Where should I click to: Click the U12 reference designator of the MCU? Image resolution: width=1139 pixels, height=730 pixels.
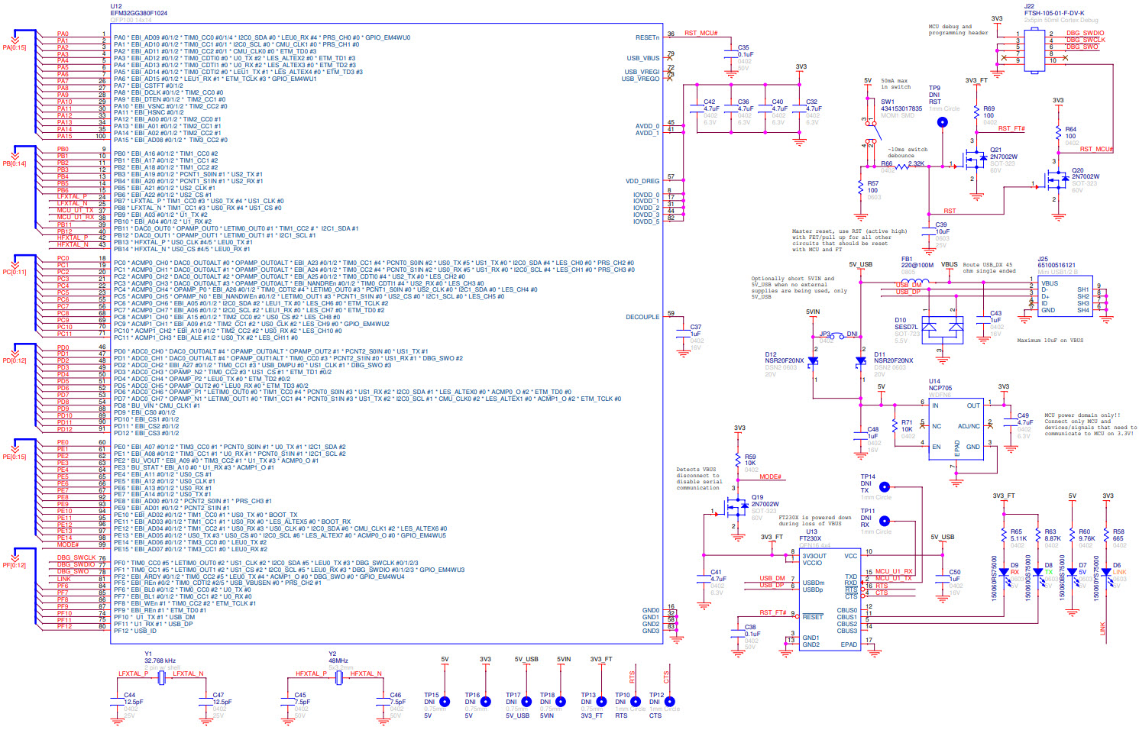[x=116, y=6]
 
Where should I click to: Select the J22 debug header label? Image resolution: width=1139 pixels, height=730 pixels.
[x=1029, y=6]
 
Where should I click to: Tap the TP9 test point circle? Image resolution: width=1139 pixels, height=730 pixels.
[x=942, y=122]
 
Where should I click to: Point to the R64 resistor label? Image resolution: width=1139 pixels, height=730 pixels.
[x=1070, y=130]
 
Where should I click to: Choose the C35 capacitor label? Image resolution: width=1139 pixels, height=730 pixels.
[x=743, y=48]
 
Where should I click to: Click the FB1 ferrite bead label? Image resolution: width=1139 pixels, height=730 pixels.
[x=907, y=259]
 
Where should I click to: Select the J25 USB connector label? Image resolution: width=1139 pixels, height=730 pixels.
[x=1043, y=259]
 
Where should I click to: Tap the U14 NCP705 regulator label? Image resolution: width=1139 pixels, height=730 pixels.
[x=934, y=381]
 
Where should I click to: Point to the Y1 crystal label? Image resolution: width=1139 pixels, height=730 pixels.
[x=148, y=654]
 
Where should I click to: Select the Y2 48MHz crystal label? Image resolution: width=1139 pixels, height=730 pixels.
[x=332, y=654]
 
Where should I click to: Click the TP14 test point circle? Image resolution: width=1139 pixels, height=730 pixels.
[x=884, y=486]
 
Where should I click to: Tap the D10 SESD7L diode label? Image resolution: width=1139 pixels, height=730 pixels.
[x=900, y=320]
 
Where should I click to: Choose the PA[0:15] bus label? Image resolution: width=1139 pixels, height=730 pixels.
[x=14, y=47]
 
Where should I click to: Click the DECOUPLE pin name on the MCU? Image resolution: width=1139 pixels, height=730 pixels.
[x=642, y=317]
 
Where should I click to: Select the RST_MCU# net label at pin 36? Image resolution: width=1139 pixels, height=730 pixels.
[x=701, y=33]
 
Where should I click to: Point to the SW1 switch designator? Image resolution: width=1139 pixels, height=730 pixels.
[x=887, y=102]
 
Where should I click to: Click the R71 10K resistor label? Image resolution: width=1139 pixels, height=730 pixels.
[x=907, y=422]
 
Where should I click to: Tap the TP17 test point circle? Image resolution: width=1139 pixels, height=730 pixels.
[x=526, y=702]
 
